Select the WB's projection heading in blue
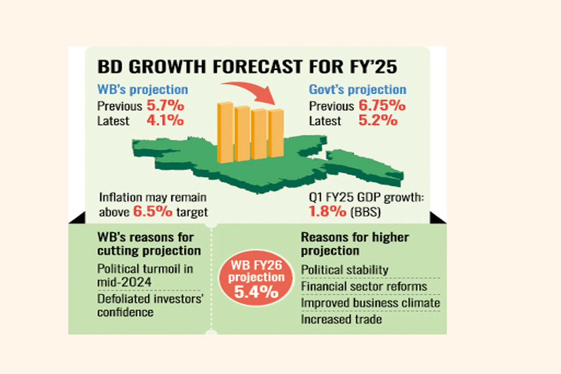click(143, 90)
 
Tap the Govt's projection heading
click(357, 90)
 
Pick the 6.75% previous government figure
click(382, 105)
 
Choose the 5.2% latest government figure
click(378, 120)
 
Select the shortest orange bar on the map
click(276, 134)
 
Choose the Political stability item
click(345, 270)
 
